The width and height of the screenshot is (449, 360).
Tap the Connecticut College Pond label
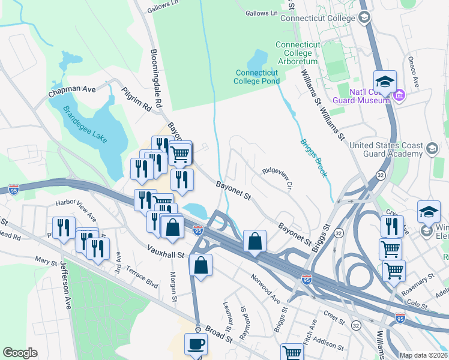point(257,77)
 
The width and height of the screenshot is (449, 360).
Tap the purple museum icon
point(399,95)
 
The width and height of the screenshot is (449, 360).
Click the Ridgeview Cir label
point(277,179)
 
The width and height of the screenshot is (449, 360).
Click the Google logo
point(20,353)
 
